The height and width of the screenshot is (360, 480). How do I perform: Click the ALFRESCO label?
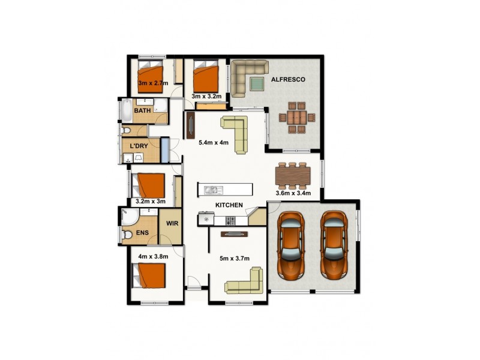[x=289, y=79]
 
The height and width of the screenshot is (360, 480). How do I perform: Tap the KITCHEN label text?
[x=229, y=205]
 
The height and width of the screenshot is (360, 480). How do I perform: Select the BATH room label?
[x=142, y=111]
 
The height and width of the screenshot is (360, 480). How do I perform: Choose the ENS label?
[x=142, y=233]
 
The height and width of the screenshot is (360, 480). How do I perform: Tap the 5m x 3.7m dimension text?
[x=235, y=259]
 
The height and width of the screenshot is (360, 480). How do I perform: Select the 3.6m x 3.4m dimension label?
[x=292, y=193]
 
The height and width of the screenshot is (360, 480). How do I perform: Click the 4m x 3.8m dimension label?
[x=152, y=257]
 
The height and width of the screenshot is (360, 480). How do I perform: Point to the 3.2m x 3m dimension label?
[x=151, y=201]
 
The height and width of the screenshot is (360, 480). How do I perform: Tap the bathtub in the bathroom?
[x=127, y=111]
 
